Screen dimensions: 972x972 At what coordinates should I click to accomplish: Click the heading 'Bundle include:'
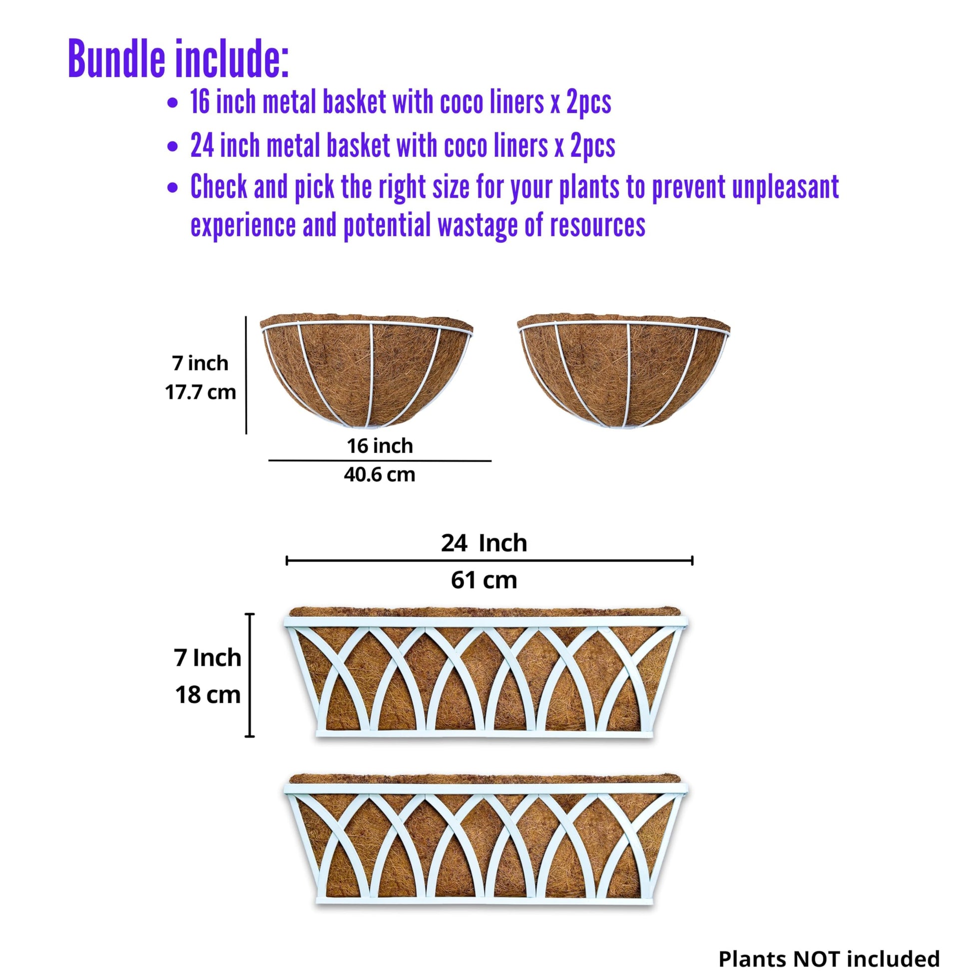point(179,59)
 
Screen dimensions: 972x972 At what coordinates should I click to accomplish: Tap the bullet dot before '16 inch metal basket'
point(172,103)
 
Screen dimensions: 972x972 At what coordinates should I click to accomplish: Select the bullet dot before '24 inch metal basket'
point(172,147)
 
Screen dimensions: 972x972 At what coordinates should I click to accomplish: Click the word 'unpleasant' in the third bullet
point(785,188)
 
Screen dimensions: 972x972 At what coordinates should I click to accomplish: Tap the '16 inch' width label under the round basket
point(380,446)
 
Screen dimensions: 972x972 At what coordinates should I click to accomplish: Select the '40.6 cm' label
point(380,475)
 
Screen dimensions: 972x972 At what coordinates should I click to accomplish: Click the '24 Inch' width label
point(484,543)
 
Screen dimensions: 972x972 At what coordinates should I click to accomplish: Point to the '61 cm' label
point(484,580)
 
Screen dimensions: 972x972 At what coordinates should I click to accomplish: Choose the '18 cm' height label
point(208,695)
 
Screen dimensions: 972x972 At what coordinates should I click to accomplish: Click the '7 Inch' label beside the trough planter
point(208,658)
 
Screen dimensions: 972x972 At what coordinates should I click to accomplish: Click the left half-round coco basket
point(367,371)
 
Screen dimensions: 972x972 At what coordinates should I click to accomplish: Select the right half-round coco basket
point(624,371)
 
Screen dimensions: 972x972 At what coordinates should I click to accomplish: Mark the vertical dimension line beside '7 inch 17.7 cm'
point(246,375)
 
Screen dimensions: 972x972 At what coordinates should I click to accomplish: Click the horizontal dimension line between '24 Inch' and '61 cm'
point(489,560)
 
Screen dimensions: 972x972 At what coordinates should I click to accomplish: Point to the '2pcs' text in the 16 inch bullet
point(588,103)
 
